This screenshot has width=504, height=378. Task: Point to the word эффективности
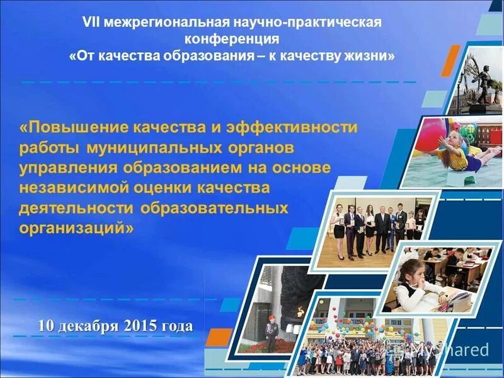[290, 128]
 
